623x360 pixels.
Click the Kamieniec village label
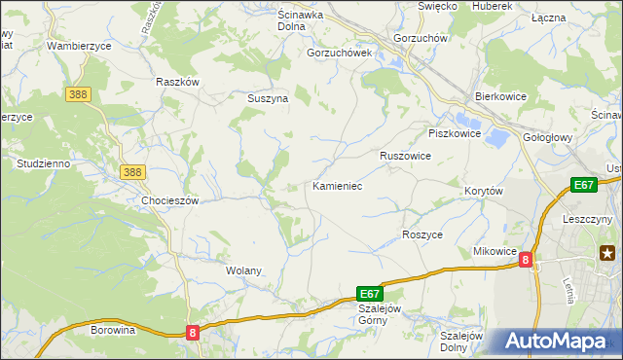(338, 185)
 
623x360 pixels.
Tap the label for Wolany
(243, 270)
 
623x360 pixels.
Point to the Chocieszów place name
(170, 200)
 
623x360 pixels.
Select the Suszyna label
(266, 98)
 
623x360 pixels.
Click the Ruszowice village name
(405, 156)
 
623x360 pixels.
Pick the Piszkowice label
(455, 134)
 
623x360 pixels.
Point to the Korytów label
(483, 192)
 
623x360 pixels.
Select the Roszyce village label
(422, 235)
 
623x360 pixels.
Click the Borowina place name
(112, 331)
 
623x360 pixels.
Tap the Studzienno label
(42, 163)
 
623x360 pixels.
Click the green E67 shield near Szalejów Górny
(370, 293)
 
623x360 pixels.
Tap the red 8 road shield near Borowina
(193, 333)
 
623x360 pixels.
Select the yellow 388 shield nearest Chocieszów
(133, 172)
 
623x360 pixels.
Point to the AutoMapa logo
(556, 342)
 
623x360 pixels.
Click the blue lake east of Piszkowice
(496, 138)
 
